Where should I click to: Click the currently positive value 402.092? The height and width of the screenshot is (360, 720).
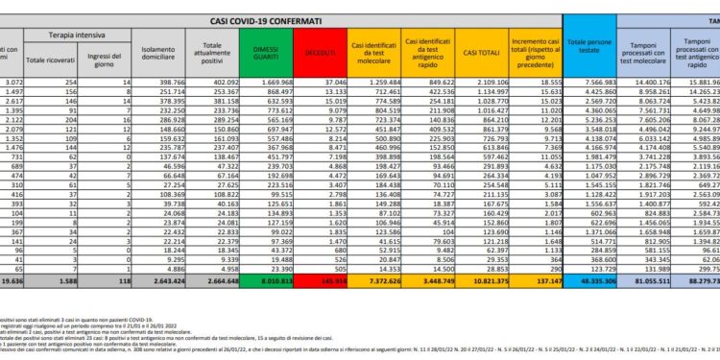224,84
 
